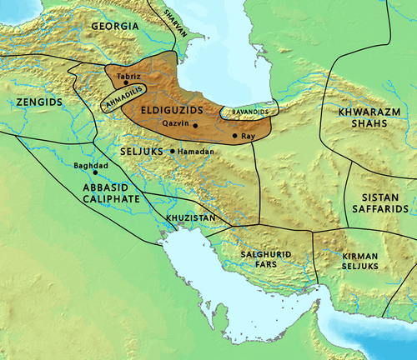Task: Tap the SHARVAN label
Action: [173, 17]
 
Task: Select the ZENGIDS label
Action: [39, 101]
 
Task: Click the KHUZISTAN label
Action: [191, 217]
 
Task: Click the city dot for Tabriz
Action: [125, 83]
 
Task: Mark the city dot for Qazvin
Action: [195, 126]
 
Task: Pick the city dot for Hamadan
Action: [172, 151]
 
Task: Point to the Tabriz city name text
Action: [129, 76]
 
